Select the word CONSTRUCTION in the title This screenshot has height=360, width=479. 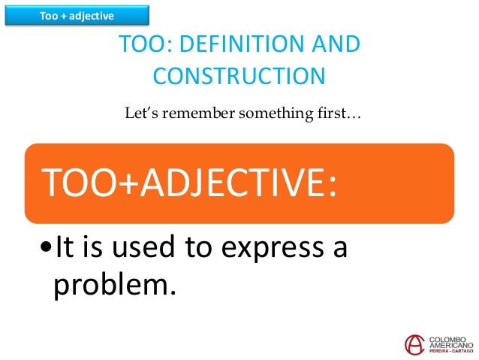point(239,76)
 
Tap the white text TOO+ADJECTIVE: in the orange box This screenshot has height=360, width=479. point(188,184)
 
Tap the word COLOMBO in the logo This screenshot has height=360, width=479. point(449,338)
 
